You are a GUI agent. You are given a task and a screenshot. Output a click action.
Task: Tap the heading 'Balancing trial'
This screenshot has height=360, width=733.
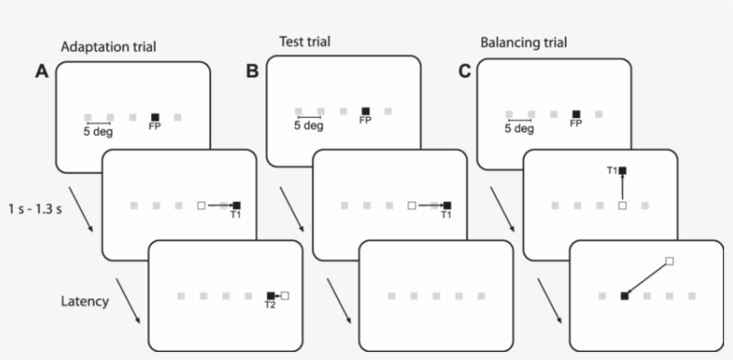coord(523,42)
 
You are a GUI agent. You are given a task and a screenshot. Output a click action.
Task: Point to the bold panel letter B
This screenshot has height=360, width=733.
coord(253,71)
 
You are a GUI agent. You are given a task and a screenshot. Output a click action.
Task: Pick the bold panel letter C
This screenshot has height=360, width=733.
coord(464,71)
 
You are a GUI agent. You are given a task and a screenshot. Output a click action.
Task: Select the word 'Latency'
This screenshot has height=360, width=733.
coord(84,301)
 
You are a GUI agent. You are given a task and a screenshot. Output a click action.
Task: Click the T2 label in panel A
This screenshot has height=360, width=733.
coord(269,306)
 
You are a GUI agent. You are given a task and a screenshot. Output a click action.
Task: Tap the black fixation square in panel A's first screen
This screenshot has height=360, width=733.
coord(156,117)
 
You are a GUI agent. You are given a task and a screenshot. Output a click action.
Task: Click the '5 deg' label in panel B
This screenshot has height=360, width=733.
coord(308,126)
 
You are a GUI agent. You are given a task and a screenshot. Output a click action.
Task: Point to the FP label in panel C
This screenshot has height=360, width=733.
coord(576,123)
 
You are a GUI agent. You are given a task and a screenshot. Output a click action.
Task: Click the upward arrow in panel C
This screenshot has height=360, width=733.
coord(623,188)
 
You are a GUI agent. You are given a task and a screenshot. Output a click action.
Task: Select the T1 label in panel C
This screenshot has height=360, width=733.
coord(611,170)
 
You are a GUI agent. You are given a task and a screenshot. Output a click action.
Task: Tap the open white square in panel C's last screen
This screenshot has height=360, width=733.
coord(670,262)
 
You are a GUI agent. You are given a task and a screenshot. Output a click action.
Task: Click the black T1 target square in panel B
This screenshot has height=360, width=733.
coord(447,205)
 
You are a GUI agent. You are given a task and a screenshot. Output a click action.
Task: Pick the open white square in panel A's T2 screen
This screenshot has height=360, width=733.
coord(286,295)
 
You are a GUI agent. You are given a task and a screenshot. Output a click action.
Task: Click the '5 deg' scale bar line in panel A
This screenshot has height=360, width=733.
coord(98,123)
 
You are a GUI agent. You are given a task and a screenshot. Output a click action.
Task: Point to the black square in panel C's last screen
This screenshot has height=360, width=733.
coord(623,295)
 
